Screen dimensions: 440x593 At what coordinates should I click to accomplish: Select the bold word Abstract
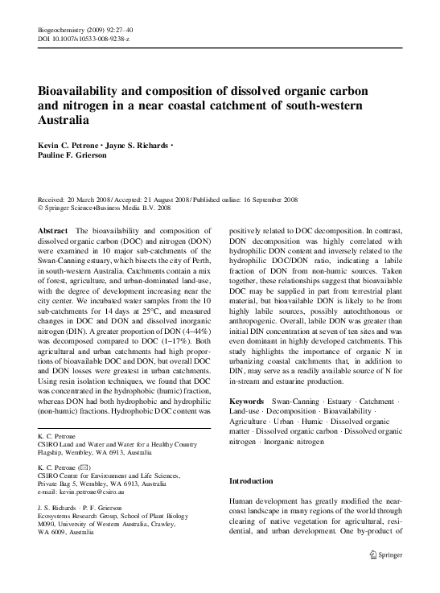click(53, 230)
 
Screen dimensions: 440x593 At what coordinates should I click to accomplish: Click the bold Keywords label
click(248, 400)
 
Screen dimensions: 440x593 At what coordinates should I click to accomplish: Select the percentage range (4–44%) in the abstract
click(194, 332)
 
